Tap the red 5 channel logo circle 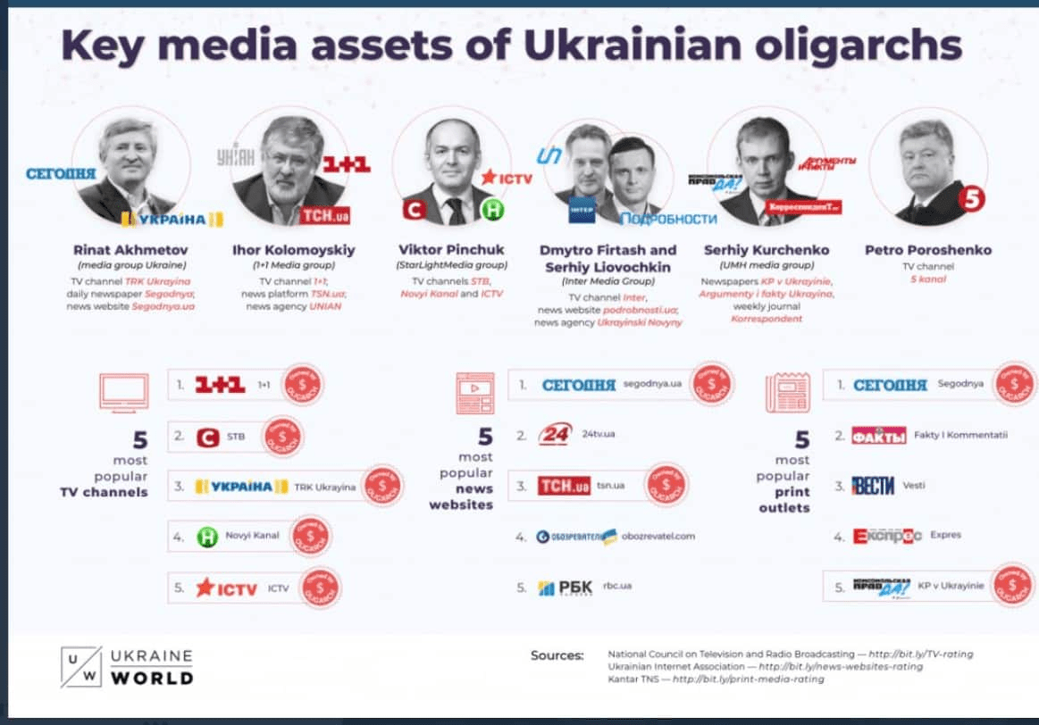click(x=971, y=199)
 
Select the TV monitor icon click(x=124, y=392)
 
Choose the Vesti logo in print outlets click(x=873, y=486)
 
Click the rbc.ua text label click(x=616, y=586)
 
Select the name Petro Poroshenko click(x=927, y=250)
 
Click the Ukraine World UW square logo click(x=81, y=666)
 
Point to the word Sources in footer click(x=557, y=655)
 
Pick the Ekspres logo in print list click(x=886, y=536)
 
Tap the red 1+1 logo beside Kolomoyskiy click(x=346, y=164)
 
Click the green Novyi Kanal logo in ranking click(x=207, y=536)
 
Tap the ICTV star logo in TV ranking click(x=226, y=587)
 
